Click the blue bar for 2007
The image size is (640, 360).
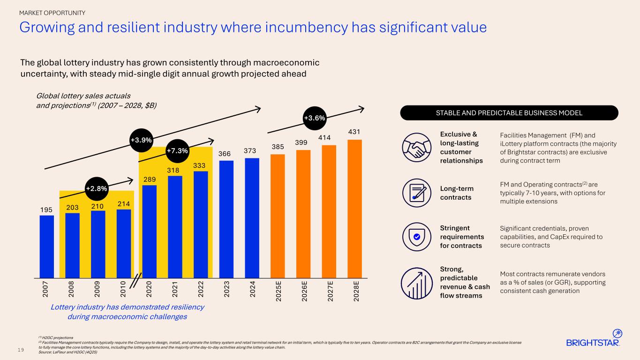point(46,246)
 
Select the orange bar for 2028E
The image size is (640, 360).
point(354,208)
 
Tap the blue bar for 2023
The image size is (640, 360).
point(226,219)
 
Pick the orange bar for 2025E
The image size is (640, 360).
point(278,216)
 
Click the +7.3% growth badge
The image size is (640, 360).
point(177,151)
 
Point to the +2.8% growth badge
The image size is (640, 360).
point(97,188)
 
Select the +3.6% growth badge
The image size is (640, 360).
point(314,118)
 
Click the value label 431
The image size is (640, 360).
point(354,133)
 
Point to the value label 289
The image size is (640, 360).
point(150,179)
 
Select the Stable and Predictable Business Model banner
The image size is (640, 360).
point(509,113)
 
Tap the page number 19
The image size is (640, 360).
point(23,349)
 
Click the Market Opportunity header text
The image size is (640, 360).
point(52,12)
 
